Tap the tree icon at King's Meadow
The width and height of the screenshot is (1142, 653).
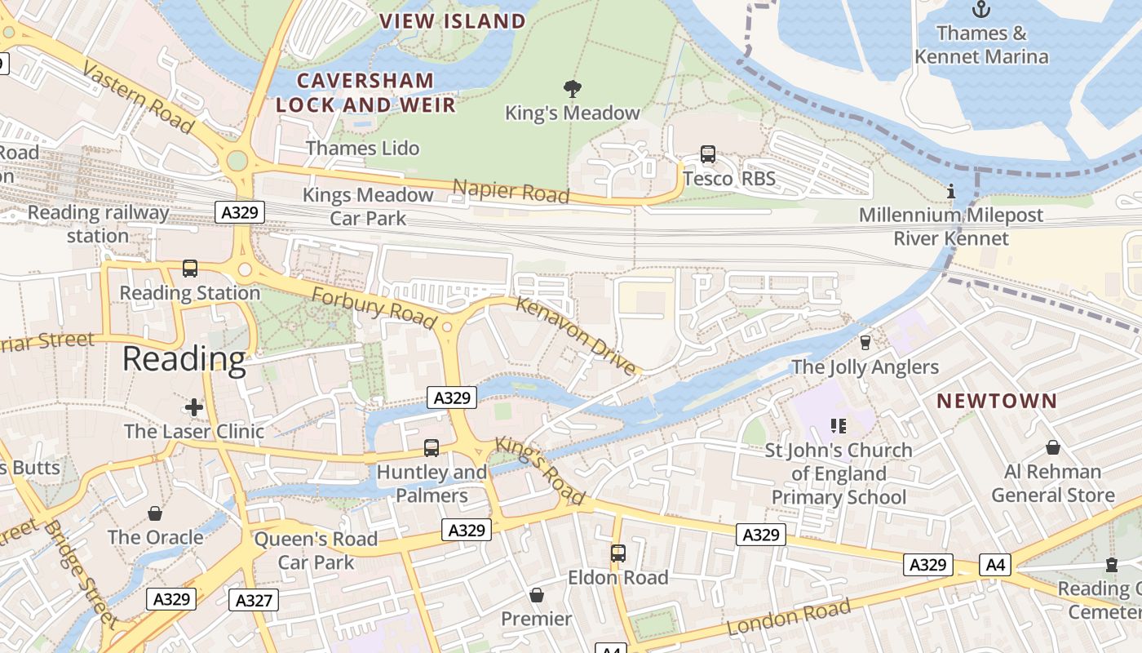[x=573, y=88]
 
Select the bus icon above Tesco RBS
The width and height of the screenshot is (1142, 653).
[x=708, y=153]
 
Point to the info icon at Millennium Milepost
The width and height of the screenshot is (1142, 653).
[x=950, y=192]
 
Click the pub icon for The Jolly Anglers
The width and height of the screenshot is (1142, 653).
[x=865, y=342]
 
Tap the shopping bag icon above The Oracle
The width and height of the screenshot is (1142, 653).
[x=155, y=513]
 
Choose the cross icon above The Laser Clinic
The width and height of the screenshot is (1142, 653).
[x=194, y=406]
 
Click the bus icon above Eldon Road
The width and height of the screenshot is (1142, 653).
[x=618, y=553]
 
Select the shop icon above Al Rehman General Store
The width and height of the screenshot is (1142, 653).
[x=1053, y=447]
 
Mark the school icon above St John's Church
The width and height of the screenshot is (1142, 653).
[x=838, y=425]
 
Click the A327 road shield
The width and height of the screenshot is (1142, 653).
[x=253, y=600]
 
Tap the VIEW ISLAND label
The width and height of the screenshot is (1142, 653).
[x=453, y=21]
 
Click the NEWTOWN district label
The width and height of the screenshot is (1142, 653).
[x=997, y=401]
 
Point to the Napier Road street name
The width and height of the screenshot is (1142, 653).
[x=511, y=191]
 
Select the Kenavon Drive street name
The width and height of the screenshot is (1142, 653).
[x=576, y=336]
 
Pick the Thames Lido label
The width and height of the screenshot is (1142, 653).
[x=363, y=148]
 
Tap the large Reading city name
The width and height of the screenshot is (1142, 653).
[x=184, y=359]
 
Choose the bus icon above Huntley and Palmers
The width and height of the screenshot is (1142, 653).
[x=432, y=447]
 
